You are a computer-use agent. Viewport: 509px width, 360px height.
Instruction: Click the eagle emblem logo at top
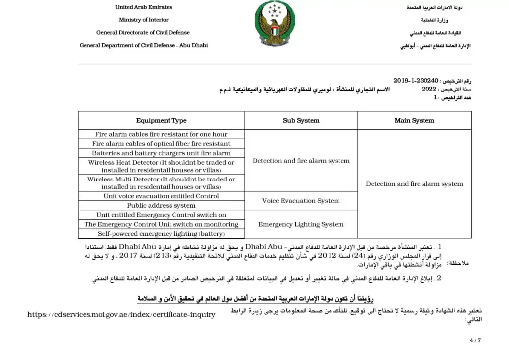275,23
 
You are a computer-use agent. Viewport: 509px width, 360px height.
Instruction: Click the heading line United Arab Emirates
144,7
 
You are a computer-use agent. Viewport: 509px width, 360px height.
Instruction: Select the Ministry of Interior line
143,20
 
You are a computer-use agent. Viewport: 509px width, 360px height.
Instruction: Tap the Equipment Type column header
161,121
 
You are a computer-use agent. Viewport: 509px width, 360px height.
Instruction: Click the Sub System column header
301,121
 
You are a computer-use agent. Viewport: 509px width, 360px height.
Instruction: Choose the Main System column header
414,121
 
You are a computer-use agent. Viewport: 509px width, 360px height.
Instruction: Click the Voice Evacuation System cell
301,201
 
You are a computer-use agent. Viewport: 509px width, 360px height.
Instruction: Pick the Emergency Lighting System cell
301,224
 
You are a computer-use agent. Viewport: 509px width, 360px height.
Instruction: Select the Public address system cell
161,205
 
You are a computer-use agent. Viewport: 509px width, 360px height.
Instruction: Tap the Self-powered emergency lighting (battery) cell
161,234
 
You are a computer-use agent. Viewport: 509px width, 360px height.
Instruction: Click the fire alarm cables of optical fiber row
161,144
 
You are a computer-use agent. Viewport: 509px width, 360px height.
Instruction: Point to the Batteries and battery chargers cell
161,153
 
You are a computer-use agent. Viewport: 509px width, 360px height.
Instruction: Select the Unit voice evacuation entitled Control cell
161,196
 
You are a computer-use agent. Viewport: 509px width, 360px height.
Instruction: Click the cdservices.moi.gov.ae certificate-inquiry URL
121,314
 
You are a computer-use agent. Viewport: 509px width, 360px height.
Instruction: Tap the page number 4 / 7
475,341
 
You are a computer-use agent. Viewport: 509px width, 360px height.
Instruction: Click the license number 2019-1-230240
416,81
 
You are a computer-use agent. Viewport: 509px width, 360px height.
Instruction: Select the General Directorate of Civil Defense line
143,33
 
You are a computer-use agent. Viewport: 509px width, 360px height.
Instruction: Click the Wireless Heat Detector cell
161,166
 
